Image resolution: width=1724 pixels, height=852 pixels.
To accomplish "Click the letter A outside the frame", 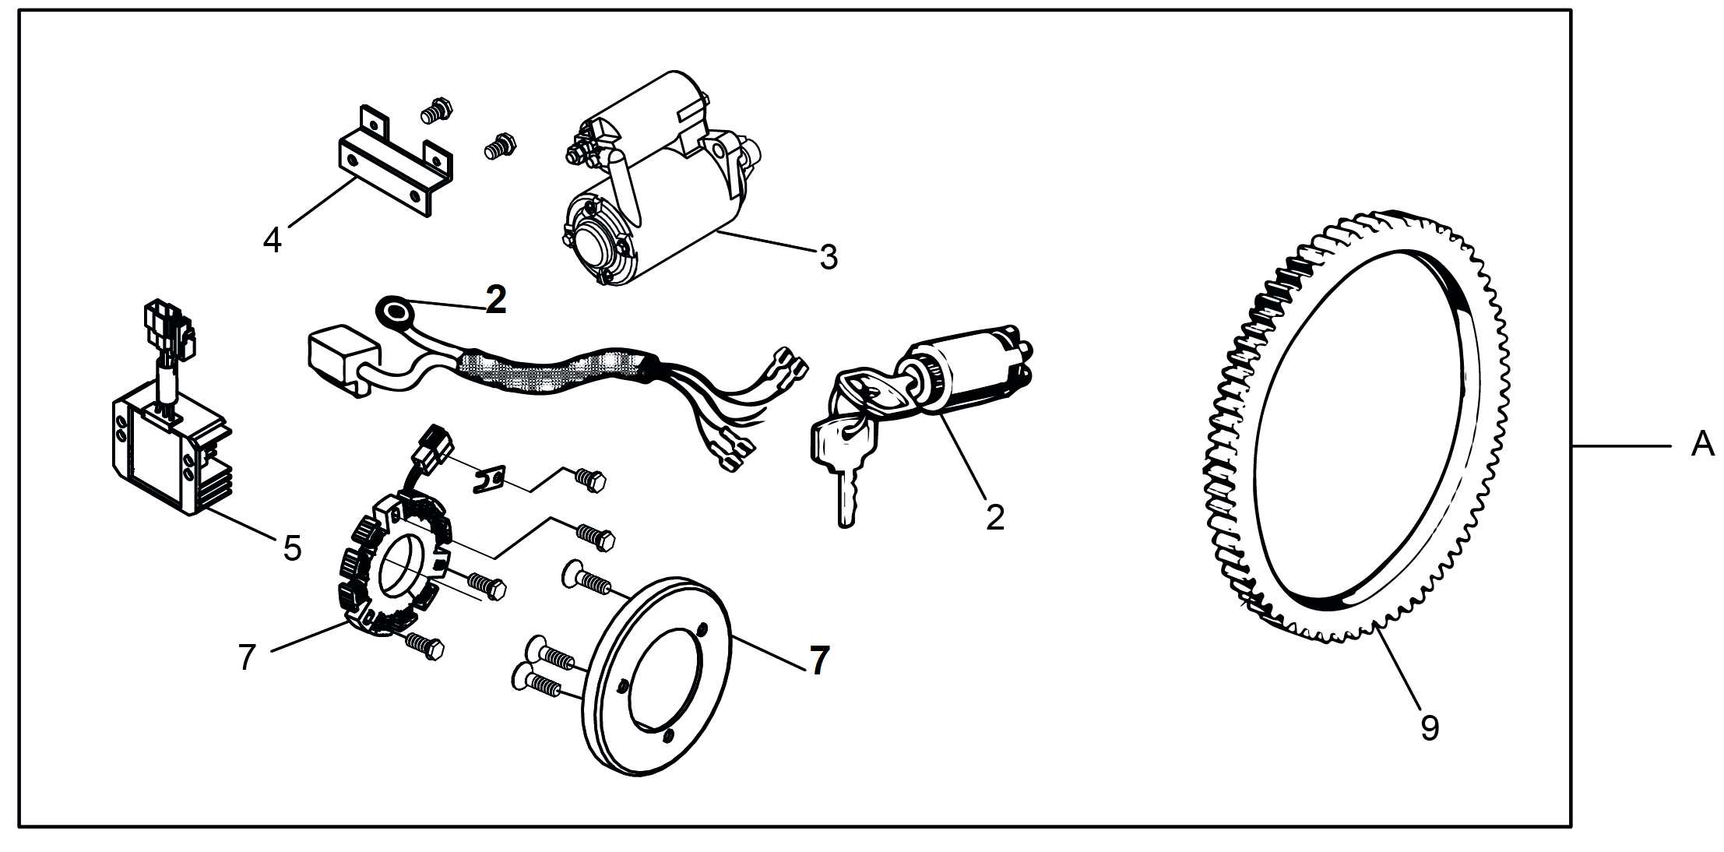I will tap(1703, 445).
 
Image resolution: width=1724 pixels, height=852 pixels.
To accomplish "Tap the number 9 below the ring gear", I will tap(1430, 728).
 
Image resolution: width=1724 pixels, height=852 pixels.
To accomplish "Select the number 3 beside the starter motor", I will tap(829, 257).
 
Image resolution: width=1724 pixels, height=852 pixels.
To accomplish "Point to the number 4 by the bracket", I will tap(272, 240).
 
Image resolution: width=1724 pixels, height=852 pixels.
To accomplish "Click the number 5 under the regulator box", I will tap(292, 549).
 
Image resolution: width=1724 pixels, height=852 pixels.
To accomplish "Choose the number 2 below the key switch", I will tap(995, 518).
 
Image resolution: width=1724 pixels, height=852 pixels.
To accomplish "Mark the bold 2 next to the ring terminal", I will tap(495, 301).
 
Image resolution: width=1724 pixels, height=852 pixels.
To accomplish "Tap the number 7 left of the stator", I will tap(247, 658).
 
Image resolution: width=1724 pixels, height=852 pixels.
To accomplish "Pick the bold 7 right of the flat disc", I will tap(818, 660).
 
